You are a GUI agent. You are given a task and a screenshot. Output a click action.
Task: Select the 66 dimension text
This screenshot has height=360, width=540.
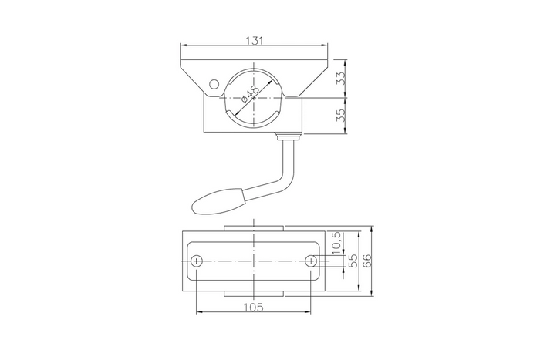(368, 261)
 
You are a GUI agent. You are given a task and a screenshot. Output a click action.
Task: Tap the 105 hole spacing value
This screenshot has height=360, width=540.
(254, 307)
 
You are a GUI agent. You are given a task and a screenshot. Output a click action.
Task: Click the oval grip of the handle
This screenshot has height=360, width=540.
(219, 203)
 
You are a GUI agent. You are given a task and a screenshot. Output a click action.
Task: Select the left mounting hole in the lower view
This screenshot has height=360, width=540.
(197, 261)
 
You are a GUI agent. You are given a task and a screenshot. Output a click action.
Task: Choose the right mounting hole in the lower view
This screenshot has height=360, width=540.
(310, 261)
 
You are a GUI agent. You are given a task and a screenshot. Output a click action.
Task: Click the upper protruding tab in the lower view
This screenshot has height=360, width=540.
(254, 228)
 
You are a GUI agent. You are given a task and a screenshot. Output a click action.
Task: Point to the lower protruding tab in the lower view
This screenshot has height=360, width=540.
(254, 294)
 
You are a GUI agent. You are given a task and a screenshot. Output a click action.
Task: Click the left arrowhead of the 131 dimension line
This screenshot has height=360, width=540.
(184, 44)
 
